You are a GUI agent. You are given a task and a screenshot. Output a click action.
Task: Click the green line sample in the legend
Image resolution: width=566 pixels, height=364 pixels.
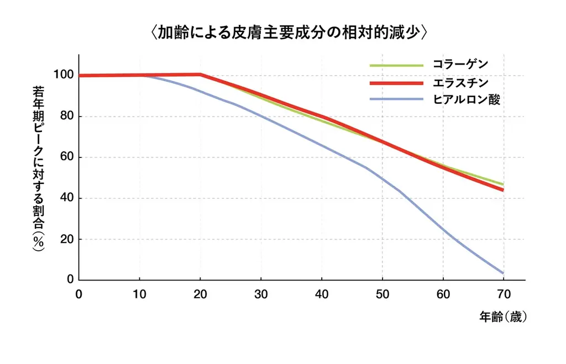point(396,65)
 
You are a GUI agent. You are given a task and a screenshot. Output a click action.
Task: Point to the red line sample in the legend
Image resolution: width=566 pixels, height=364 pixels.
point(396,83)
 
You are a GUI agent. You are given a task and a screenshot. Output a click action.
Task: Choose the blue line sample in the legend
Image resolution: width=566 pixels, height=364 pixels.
point(396,100)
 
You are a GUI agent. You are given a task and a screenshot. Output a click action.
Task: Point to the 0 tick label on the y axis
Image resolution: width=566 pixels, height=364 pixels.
point(71,279)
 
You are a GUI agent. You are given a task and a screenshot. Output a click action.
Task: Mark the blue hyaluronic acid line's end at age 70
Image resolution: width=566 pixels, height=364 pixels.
point(503,273)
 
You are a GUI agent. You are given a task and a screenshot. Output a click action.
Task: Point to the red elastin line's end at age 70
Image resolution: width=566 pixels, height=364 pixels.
point(503,190)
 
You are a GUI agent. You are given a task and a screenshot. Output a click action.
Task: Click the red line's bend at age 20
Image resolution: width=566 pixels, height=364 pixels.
point(200,75)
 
